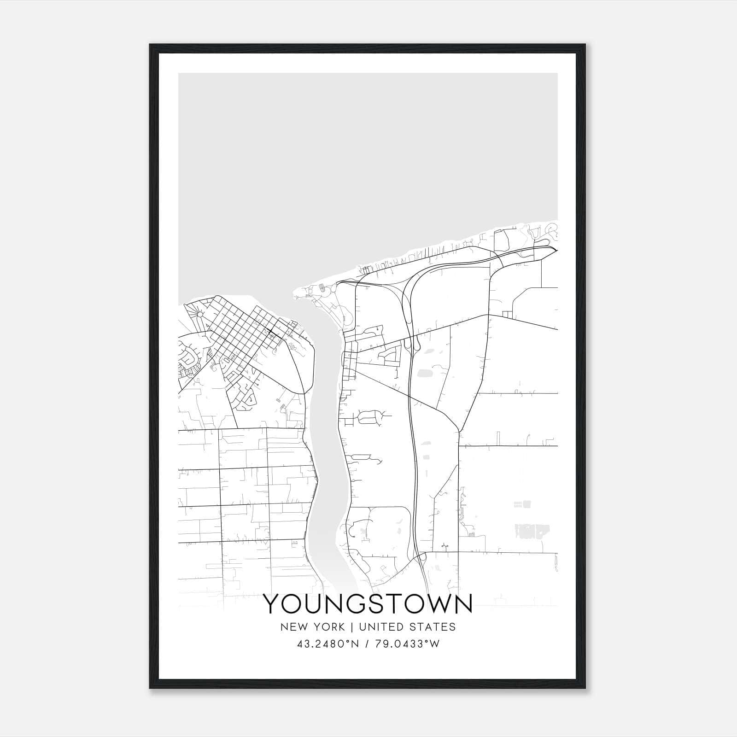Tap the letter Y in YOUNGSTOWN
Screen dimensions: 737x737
(271, 604)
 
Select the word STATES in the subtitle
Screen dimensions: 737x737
(433, 626)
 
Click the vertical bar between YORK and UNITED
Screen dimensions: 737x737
(352, 626)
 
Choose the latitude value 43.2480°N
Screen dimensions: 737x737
(328, 643)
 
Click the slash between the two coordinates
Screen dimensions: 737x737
(366, 643)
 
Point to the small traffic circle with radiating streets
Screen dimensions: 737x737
(200, 314)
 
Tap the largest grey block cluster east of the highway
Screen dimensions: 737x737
(530, 531)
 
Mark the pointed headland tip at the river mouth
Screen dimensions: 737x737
(293, 291)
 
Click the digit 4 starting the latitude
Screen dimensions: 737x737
(300, 643)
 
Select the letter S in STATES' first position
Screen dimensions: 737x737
(414, 626)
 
